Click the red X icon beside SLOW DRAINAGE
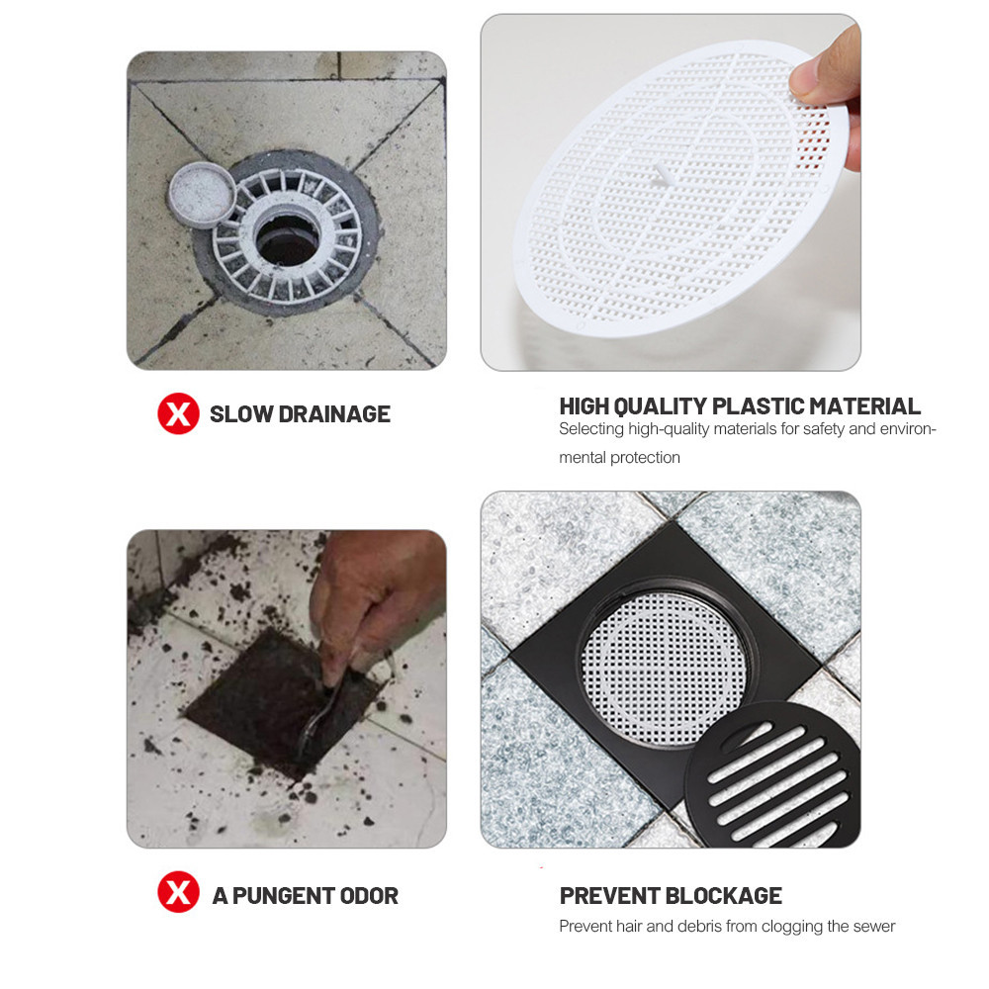(x=178, y=413)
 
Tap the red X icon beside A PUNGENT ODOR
(x=178, y=892)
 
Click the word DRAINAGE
(x=334, y=414)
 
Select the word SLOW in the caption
(x=241, y=414)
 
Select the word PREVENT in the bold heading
(x=609, y=896)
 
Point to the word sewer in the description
(x=874, y=926)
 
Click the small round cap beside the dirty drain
(x=202, y=194)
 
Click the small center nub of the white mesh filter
(x=661, y=176)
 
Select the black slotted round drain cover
(x=772, y=774)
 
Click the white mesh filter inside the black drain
(x=663, y=669)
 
